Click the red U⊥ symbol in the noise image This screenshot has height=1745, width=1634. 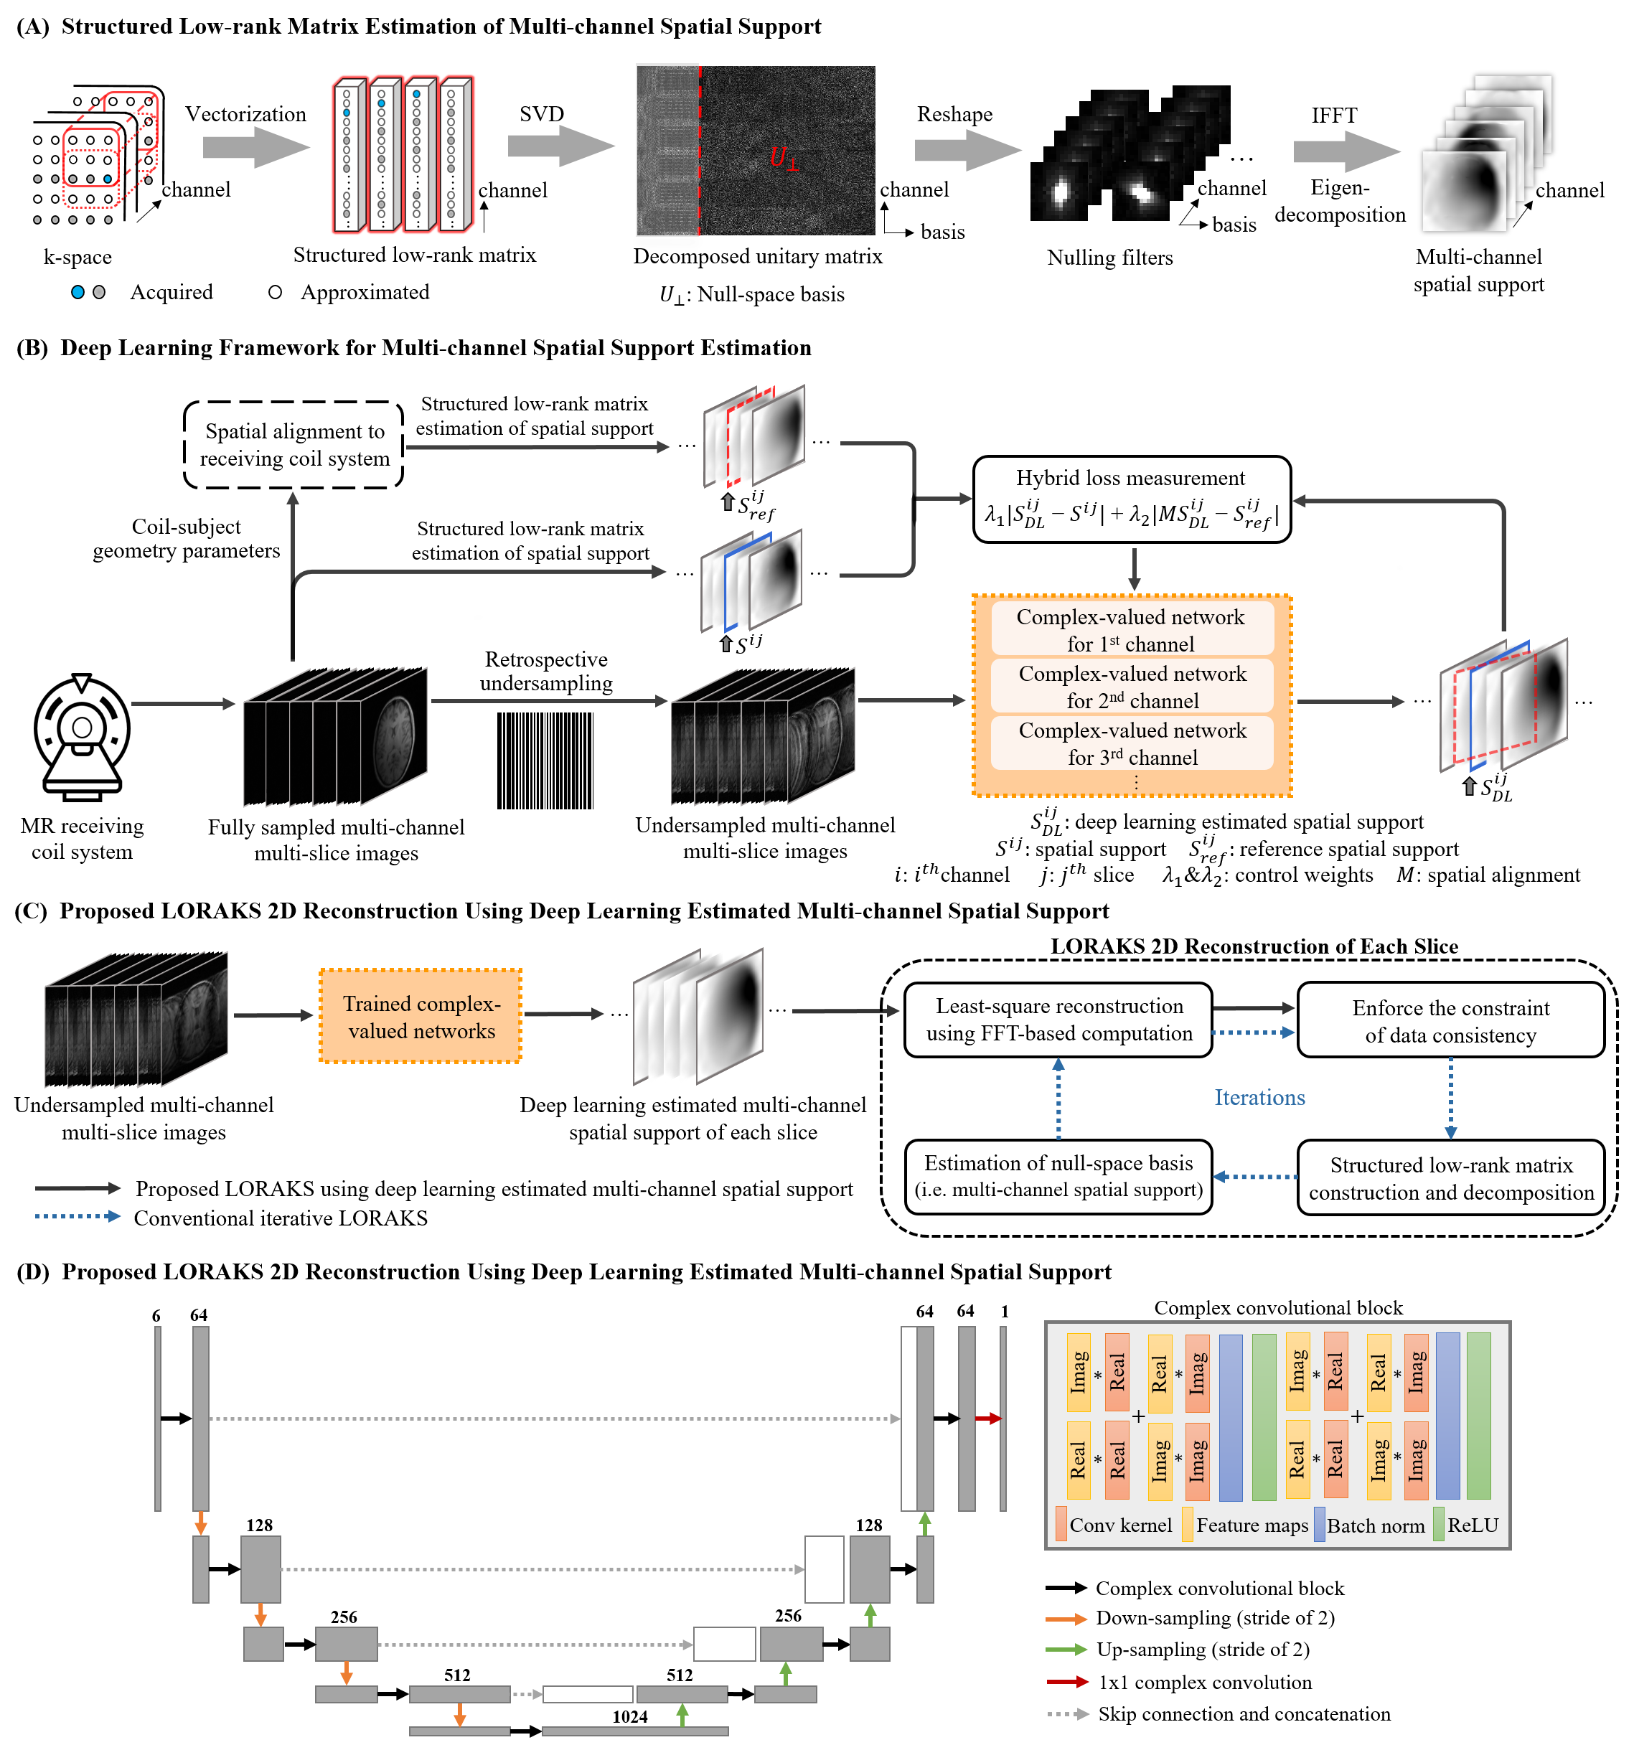pyautogui.click(x=783, y=159)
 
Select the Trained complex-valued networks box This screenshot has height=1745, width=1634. pyautogui.click(x=421, y=1017)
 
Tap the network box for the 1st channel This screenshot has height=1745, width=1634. pyautogui.click(x=1132, y=629)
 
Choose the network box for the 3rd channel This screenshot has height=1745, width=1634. pyautogui.click(x=1132, y=743)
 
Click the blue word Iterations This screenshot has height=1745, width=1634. pyautogui.click(x=1259, y=1097)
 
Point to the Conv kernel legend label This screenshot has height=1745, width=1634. pyautogui.click(x=1120, y=1525)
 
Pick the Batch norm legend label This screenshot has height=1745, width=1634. pyautogui.click(x=1375, y=1525)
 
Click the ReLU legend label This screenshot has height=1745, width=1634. pyautogui.click(x=1473, y=1525)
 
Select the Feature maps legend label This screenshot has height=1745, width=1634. pyautogui.click(x=1252, y=1525)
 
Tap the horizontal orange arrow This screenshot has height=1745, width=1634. pyautogui.click(x=1067, y=1619)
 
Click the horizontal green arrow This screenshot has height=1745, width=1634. pyautogui.click(x=1067, y=1650)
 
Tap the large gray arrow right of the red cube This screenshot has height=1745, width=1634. pyautogui.click(x=256, y=148)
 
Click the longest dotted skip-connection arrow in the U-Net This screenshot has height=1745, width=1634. pyautogui.click(x=553, y=1419)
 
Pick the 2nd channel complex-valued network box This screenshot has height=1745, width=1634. pyautogui.click(x=1132, y=687)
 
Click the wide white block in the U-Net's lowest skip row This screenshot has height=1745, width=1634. pyautogui.click(x=588, y=1694)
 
